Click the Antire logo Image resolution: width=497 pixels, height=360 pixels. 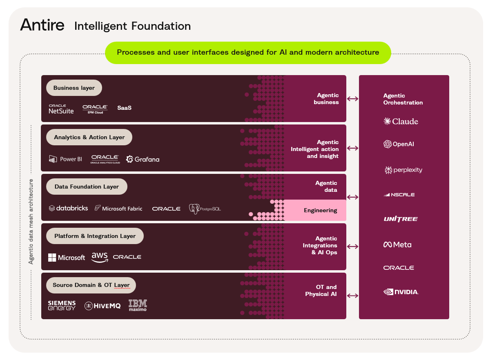tap(42, 25)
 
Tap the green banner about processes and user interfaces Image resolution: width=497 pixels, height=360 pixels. tap(248, 53)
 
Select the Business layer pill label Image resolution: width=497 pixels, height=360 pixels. tap(74, 88)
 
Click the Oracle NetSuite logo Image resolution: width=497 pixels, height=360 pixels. tap(61, 109)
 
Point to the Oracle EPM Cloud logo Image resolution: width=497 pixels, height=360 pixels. tap(95, 109)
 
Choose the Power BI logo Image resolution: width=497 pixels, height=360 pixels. tap(65, 159)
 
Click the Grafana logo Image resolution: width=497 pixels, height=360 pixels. tap(143, 159)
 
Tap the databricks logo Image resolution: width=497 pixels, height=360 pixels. tap(68, 208)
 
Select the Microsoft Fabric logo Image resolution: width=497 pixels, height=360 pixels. tap(118, 209)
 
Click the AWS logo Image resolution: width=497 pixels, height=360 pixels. tap(100, 257)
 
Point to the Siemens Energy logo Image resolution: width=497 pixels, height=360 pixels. tap(62, 305)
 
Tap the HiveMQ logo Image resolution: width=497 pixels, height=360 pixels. tap(103, 306)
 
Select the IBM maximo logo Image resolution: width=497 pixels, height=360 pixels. tap(138, 305)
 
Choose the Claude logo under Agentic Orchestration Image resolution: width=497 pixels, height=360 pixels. tap(401, 121)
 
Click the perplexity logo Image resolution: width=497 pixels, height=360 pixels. tap(403, 170)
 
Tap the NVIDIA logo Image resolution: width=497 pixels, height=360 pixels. tap(401, 292)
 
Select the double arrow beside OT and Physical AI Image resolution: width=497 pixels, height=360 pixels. tap(352, 296)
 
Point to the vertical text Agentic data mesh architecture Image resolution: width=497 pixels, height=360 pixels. tap(31, 221)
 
